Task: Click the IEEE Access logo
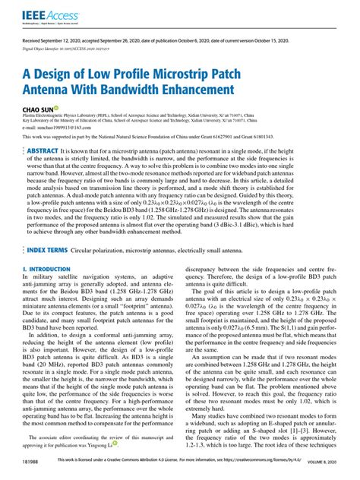43,14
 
